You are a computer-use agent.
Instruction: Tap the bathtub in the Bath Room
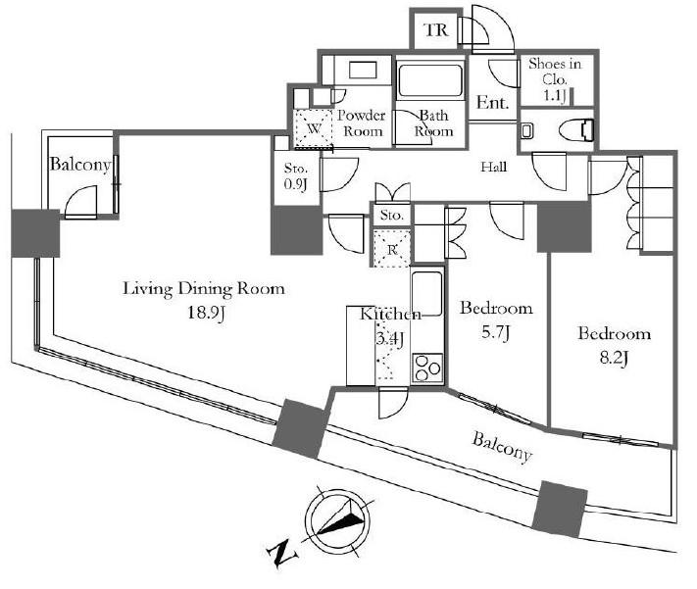[429, 80]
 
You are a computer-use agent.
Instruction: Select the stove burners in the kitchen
[427, 368]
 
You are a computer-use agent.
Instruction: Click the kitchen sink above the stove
[426, 294]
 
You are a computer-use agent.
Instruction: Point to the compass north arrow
[340, 519]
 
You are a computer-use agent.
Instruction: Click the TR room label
[436, 30]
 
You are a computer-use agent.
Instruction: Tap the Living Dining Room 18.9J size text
[206, 313]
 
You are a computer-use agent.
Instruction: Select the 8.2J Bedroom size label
[614, 358]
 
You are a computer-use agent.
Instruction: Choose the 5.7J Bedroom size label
[496, 332]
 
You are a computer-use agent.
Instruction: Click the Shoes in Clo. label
[555, 72]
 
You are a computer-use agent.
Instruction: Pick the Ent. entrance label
[492, 103]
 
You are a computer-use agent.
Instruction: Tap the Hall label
[494, 168]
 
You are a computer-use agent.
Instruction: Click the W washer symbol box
[313, 128]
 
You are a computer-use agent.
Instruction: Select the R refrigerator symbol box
[391, 249]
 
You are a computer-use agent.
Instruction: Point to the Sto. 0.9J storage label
[296, 176]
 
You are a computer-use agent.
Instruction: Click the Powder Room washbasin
[363, 70]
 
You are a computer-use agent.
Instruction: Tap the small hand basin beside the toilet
[527, 131]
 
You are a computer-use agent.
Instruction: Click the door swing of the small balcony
[81, 202]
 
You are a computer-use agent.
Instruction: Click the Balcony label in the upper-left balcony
[80, 165]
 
